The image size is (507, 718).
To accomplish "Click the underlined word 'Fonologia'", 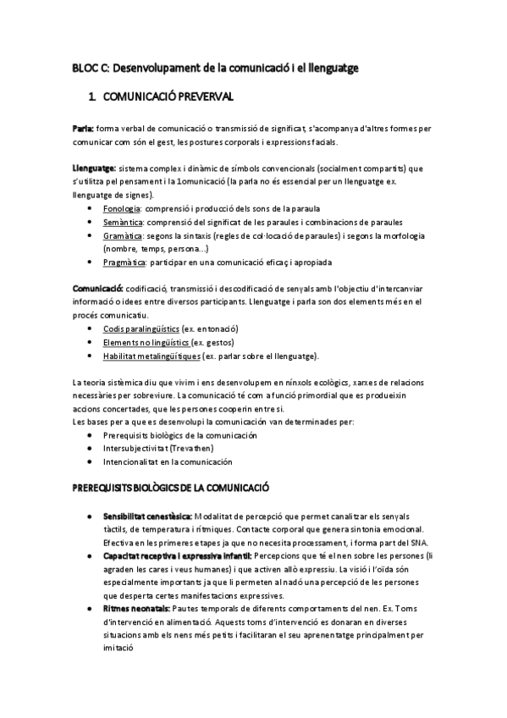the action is click(x=121, y=208).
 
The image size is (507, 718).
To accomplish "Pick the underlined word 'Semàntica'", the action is click(x=122, y=222).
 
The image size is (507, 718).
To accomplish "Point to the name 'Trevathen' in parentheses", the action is click(x=190, y=448).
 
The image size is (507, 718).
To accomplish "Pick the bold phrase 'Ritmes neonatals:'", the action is click(x=135, y=609).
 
